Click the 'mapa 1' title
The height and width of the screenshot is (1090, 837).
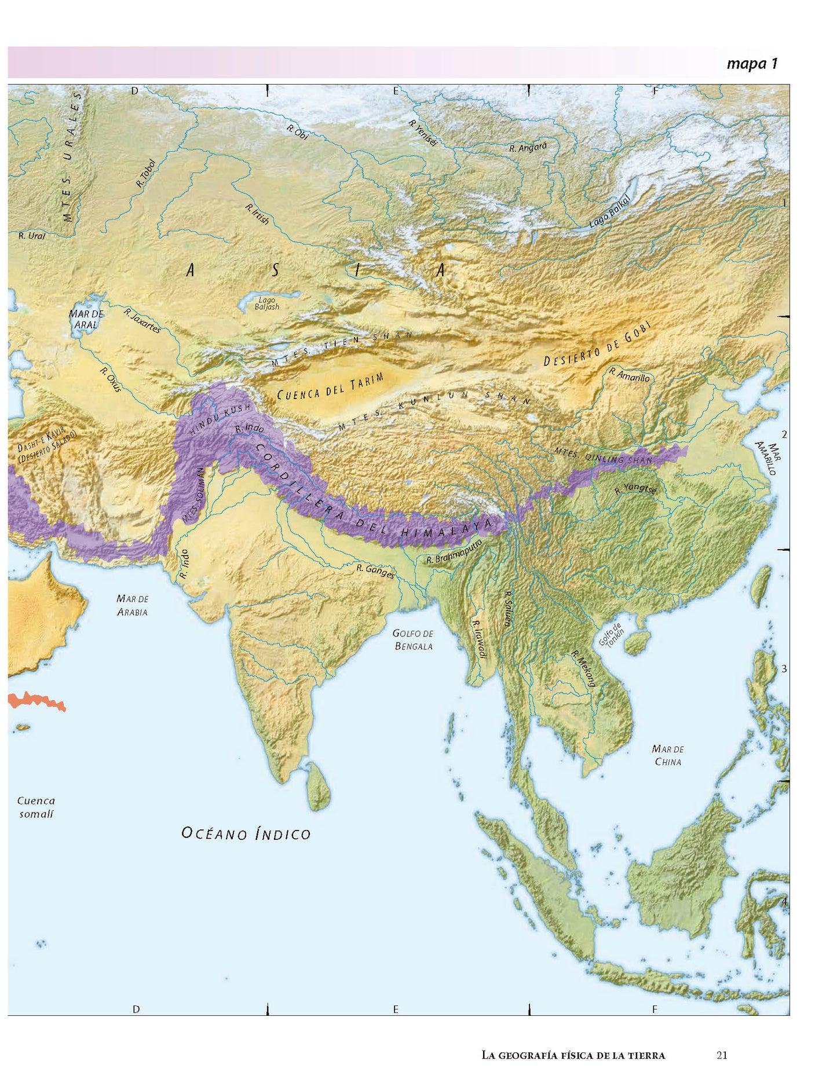751,63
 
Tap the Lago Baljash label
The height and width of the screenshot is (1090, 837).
266,303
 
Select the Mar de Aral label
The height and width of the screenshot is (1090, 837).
86,319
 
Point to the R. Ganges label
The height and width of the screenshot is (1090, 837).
375,571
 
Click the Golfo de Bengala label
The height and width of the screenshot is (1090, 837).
413,640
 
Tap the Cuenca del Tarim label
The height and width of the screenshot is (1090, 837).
330,387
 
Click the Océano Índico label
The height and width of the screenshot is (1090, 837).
246,834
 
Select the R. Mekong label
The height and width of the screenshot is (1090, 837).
583,668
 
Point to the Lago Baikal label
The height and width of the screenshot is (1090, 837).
609,210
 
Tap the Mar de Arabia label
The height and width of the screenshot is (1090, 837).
133,605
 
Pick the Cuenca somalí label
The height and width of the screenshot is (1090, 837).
36,807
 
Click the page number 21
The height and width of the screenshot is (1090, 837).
721,1055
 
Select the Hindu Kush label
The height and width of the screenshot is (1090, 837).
221,419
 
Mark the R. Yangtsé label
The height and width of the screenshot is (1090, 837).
635,489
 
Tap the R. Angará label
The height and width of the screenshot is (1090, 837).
528,148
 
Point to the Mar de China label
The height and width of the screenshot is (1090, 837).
667,755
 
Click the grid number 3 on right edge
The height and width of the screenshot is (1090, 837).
784,669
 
